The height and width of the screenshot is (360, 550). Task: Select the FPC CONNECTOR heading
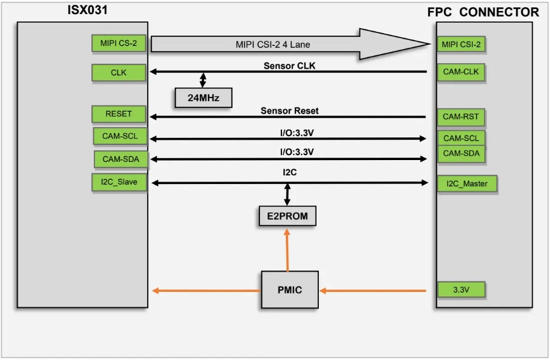pos(483,12)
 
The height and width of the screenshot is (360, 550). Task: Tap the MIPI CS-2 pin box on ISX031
pos(118,43)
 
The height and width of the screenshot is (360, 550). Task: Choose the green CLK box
pos(118,72)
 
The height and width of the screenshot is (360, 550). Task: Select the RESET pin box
pos(118,114)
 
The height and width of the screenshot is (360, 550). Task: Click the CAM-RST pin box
pos(461,117)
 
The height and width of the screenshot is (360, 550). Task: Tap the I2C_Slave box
pos(119,182)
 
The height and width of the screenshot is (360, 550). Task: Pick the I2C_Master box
pos(467,183)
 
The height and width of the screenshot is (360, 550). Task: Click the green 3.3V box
pos(461,290)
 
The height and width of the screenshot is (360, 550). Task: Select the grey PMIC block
pos(289,289)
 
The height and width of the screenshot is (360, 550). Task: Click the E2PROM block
pos(287,216)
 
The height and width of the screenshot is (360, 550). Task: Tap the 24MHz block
pos(203,98)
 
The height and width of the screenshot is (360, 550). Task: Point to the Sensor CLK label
pos(289,66)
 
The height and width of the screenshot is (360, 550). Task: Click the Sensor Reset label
pos(289,111)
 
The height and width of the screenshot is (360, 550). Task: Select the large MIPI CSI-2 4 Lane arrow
pos(288,44)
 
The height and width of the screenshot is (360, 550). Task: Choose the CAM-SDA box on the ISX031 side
pos(121,159)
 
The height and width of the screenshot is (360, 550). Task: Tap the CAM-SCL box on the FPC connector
pos(461,138)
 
